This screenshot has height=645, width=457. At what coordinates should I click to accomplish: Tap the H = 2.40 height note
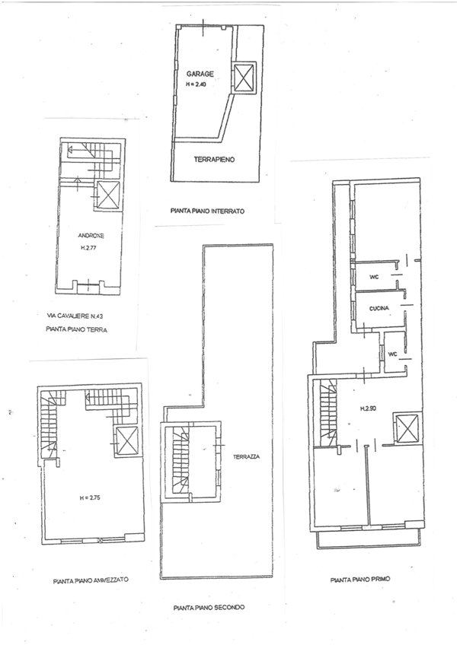(x=196, y=84)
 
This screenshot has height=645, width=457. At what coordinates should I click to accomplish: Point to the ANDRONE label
(x=91, y=235)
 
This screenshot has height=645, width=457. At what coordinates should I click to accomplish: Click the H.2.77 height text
(x=91, y=248)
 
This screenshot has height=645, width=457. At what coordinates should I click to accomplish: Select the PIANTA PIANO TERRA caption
(x=75, y=329)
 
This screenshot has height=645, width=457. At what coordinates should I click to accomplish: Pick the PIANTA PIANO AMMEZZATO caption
(x=91, y=579)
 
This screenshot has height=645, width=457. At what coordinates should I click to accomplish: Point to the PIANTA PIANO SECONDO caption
(x=208, y=607)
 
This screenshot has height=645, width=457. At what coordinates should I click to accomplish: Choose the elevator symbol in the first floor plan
(x=404, y=427)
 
